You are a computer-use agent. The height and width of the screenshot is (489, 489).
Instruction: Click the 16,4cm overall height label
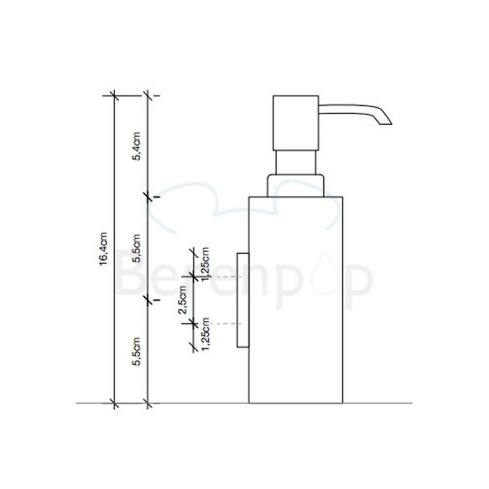click(x=104, y=249)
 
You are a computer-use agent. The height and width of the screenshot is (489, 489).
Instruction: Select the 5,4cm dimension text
click(x=137, y=150)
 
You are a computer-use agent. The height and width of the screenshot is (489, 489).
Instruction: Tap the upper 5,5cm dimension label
click(x=137, y=247)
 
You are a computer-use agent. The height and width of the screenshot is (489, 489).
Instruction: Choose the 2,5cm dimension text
click(x=182, y=298)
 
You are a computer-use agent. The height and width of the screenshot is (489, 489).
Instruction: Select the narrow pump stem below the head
click(x=296, y=162)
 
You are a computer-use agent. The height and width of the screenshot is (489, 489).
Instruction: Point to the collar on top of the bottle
click(x=296, y=184)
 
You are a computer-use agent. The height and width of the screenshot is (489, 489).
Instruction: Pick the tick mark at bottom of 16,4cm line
click(x=113, y=403)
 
